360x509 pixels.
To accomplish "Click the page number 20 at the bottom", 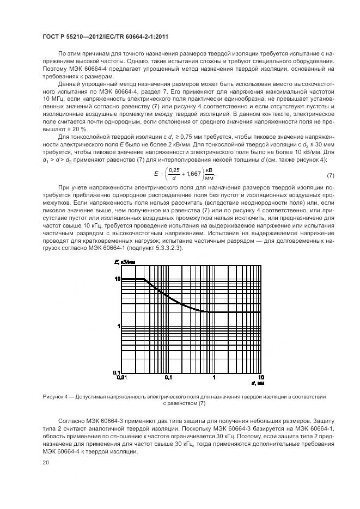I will (x=46, y=463).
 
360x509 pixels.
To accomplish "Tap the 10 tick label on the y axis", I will (x=117, y=279).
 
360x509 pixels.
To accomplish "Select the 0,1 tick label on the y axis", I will (x=117, y=373).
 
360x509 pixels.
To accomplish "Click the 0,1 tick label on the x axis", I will (x=168, y=377).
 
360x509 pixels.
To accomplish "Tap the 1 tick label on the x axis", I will (x=215, y=377).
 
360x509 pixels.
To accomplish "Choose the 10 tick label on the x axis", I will (x=261, y=377).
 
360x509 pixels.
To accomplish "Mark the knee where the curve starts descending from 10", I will (x=144, y=279).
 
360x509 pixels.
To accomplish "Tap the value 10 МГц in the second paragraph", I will (x=52, y=101).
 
